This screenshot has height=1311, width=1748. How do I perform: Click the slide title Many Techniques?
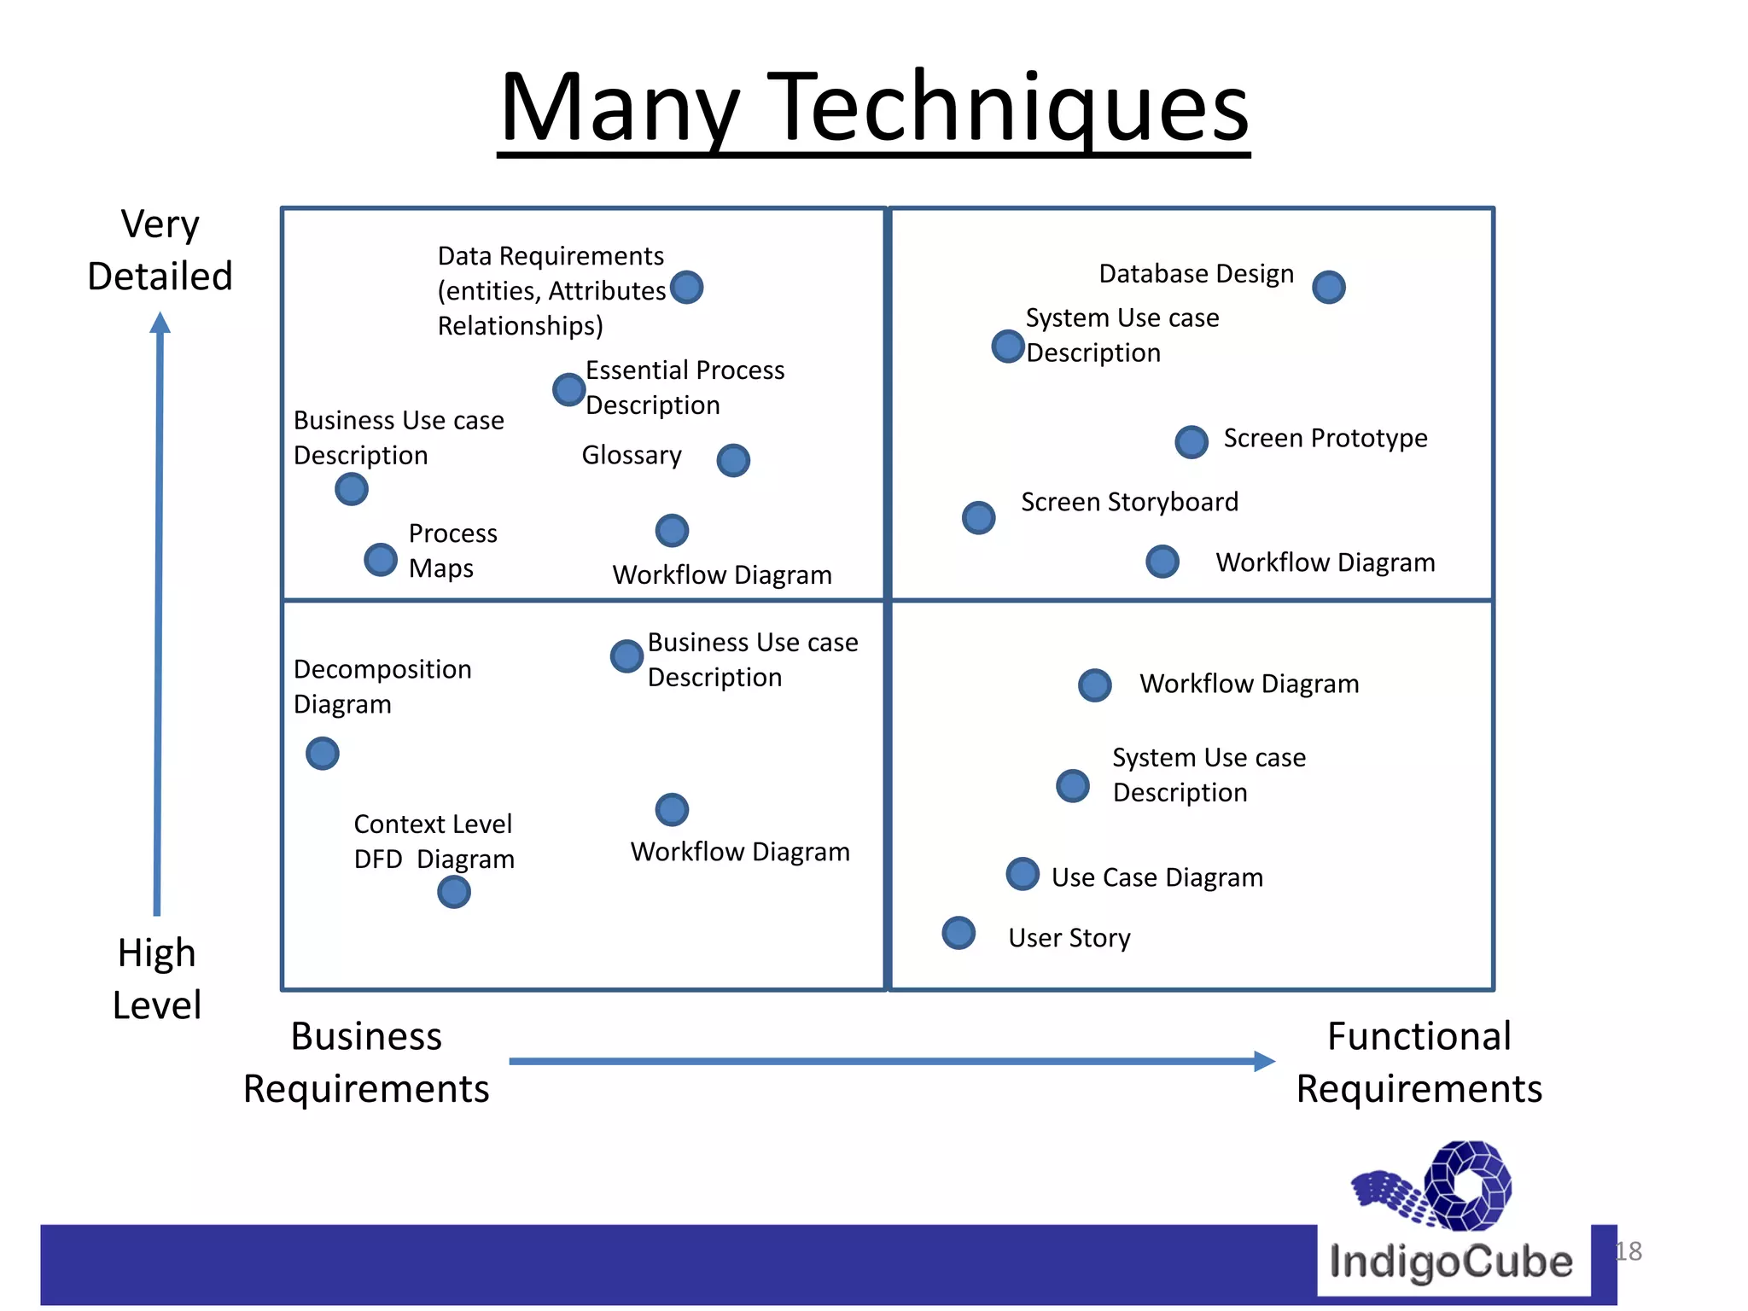(x=874, y=108)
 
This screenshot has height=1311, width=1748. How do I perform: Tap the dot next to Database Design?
(x=1329, y=288)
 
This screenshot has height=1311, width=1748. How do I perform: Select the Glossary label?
(x=632, y=455)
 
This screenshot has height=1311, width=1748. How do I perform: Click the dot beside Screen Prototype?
(x=1192, y=442)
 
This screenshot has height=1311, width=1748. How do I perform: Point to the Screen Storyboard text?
(x=1129, y=502)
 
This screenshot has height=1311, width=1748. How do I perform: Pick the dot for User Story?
(x=958, y=933)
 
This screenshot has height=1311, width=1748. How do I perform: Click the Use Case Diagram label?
(x=1157, y=877)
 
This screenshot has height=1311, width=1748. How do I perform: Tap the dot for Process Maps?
(x=381, y=560)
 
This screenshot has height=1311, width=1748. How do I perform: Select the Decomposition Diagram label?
(x=382, y=686)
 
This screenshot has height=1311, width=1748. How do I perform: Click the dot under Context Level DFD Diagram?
(x=454, y=892)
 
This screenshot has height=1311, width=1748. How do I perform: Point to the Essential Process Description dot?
(x=569, y=389)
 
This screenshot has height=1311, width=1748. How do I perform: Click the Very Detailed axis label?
(x=160, y=250)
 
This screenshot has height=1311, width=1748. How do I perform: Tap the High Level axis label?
(x=157, y=978)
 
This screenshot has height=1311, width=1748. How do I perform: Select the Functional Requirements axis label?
(x=1419, y=1063)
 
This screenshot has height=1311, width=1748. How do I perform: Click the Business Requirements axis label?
(x=366, y=1063)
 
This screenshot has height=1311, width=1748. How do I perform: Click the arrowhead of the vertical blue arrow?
(x=160, y=323)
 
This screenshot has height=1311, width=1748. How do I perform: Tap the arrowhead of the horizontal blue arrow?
(x=1264, y=1061)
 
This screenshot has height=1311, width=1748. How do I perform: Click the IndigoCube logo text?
(x=1451, y=1261)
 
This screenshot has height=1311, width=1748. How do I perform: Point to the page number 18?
(x=1629, y=1251)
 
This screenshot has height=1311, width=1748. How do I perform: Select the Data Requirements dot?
(x=687, y=288)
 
